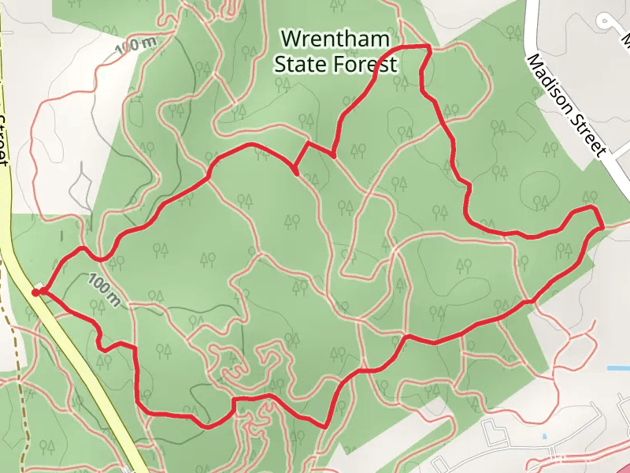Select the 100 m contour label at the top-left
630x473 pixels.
point(135,46)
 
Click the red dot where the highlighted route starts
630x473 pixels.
point(35,293)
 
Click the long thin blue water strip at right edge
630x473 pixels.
point(618,368)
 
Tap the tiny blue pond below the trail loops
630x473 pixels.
point(544,436)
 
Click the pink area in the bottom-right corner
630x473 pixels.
point(618,461)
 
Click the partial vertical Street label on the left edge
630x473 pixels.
point(3,138)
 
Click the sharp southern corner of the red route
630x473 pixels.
point(325,426)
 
